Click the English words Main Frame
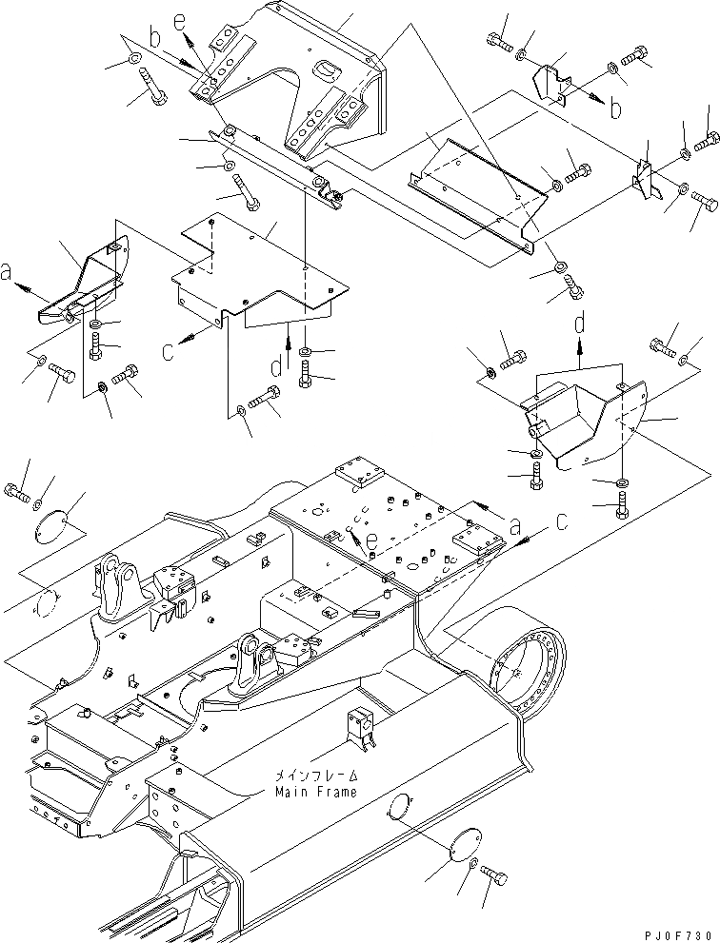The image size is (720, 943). pos(316,792)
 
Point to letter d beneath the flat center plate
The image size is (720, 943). pos(275,365)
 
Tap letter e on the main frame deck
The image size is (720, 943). pos(371,540)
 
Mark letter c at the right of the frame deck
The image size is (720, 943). pos(562,522)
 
